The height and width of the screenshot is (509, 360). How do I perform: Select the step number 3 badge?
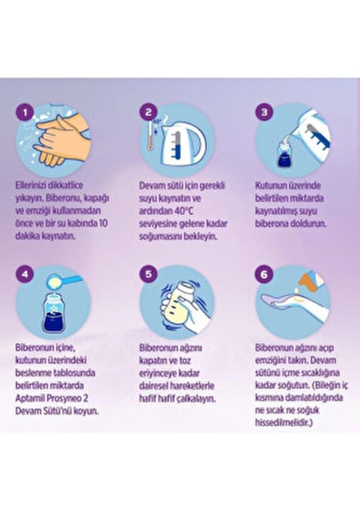265,112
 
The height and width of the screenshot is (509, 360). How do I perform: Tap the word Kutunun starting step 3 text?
271,182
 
